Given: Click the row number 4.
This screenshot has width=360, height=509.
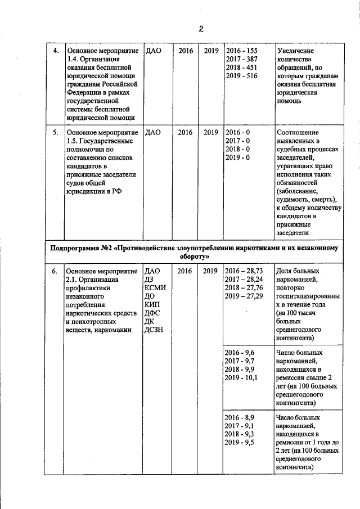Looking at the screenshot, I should pyautogui.click(x=56, y=51).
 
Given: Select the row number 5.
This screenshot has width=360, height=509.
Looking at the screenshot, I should pyautogui.click(x=56, y=133).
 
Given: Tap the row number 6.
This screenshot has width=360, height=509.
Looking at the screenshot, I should pyautogui.click(x=55, y=271).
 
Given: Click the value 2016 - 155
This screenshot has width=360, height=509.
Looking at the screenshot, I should pyautogui.click(x=241, y=51).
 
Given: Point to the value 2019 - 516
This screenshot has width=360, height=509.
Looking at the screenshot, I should pyautogui.click(x=241, y=76).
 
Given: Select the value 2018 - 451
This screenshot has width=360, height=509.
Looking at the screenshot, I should pyautogui.click(x=241, y=67).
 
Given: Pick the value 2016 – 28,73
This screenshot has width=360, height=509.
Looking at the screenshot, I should pyautogui.click(x=244, y=271).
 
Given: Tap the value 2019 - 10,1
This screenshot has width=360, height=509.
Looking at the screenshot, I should pyautogui.click(x=241, y=377).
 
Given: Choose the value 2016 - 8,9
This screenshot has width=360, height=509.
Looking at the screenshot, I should pyautogui.click(x=240, y=418).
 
